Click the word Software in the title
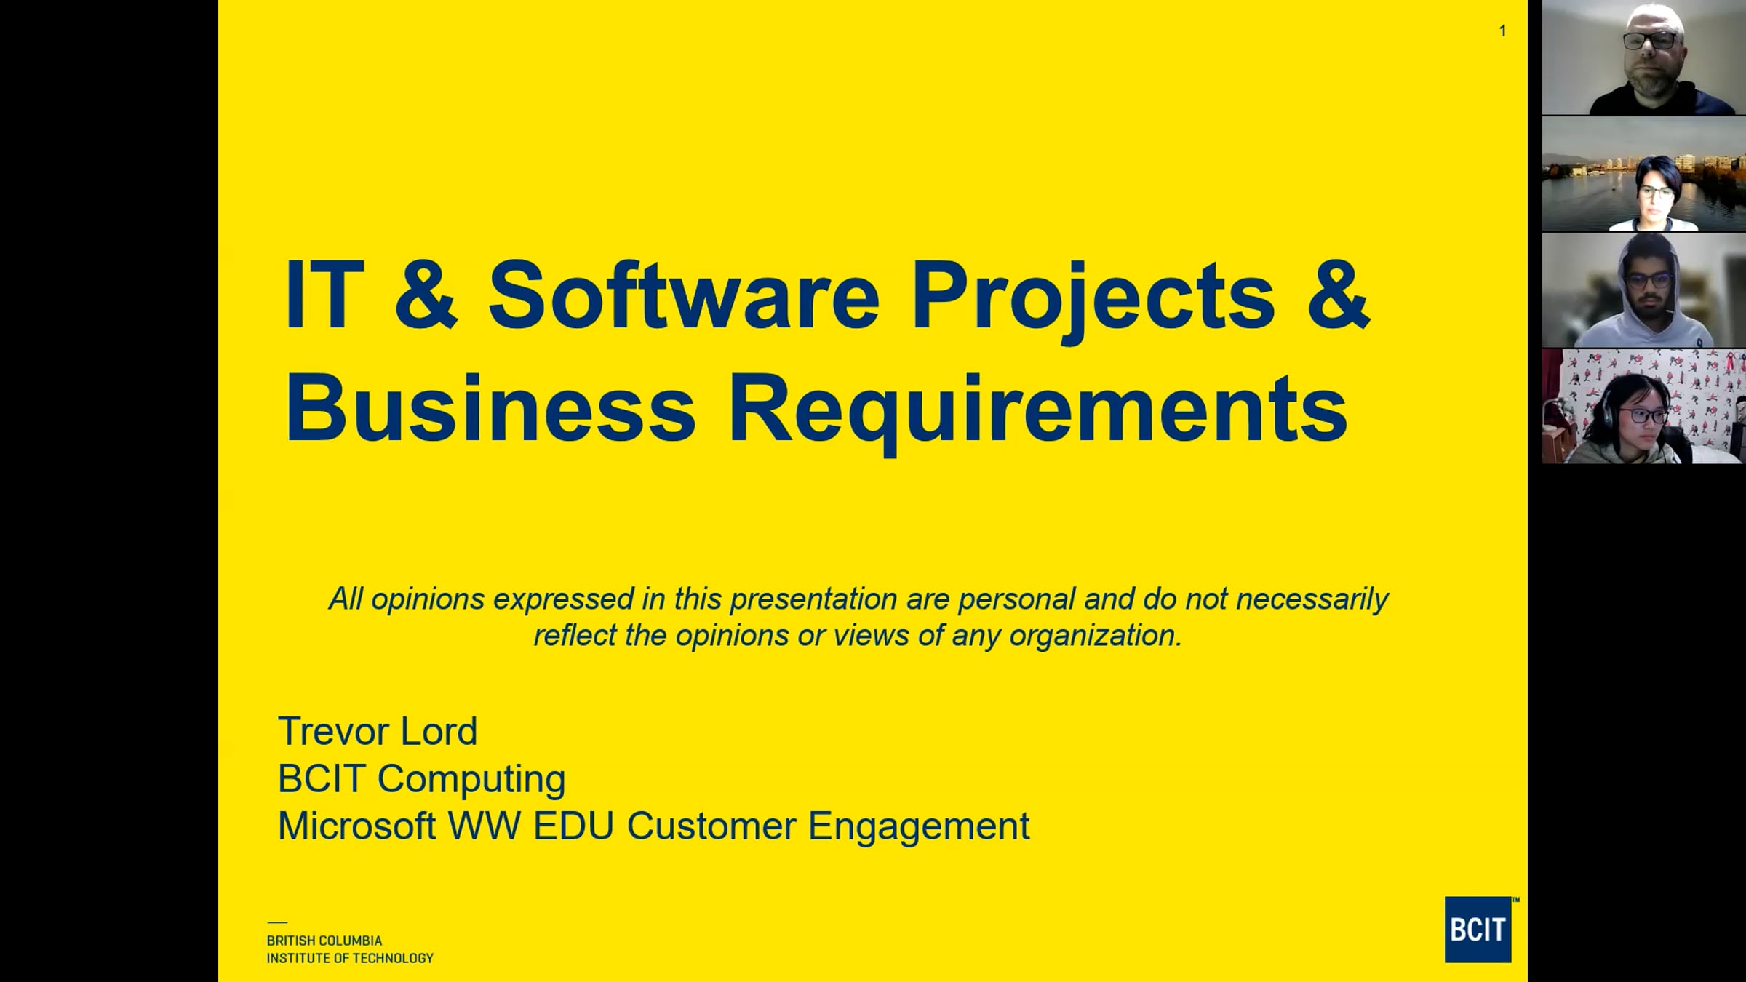pyautogui.click(x=684, y=295)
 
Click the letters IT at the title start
pyautogui.click(x=324, y=295)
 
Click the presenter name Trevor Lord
pyautogui.click(x=378, y=731)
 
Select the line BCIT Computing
pyautogui.click(x=421, y=779)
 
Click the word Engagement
pyautogui.click(x=919, y=828)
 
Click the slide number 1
pyautogui.click(x=1502, y=31)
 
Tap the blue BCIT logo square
pyautogui.click(x=1478, y=930)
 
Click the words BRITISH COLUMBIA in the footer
pyautogui.click(x=324, y=941)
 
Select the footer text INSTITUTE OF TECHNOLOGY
pyautogui.click(x=350, y=959)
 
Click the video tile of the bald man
pyautogui.click(x=1643, y=57)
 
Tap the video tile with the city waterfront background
pyautogui.click(x=1643, y=174)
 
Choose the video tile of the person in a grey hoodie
pyautogui.click(x=1643, y=290)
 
